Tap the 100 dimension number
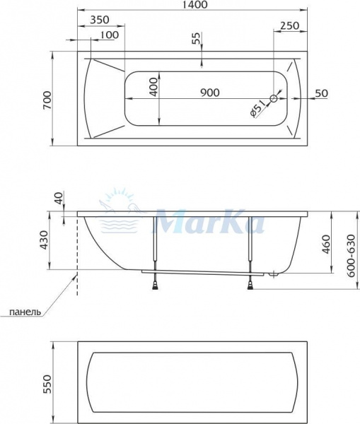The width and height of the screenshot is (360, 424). tap(109, 35)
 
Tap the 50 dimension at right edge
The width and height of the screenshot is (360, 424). tap(322, 93)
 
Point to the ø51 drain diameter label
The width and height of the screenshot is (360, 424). tap(257, 110)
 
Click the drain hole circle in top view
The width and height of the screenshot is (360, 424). tap(274, 98)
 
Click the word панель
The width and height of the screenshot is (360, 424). tap(25, 311)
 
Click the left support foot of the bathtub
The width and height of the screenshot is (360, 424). tap(154, 285)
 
